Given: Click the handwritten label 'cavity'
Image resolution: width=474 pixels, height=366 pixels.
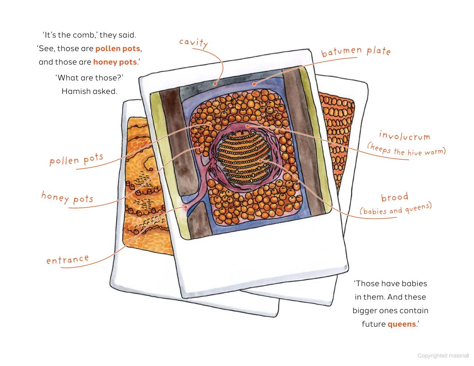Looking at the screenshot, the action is point(193,43).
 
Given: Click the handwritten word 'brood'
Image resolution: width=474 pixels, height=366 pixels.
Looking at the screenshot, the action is point(395,197).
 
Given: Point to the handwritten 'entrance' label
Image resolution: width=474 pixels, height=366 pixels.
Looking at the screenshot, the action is point(67,259).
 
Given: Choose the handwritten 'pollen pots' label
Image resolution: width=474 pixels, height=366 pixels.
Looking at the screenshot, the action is point(76,159).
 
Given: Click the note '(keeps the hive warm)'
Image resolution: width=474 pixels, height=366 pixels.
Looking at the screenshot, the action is point(406,150).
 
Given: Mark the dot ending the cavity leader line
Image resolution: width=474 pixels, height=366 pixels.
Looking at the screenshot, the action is point(215,83).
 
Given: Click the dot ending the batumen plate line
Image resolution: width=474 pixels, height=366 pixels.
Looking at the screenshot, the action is point(254,84).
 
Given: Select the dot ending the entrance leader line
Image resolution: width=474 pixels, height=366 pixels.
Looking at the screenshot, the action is point(186,207).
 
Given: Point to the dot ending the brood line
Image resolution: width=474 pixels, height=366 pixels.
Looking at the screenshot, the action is point(260,160).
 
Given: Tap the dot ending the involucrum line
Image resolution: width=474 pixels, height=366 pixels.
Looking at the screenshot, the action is point(247,126).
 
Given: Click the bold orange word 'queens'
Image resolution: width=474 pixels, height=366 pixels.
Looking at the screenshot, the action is point(401,325).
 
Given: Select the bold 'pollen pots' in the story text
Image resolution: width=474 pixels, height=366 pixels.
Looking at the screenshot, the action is point(118,49).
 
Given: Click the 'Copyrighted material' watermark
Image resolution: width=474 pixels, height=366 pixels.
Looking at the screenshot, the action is point(443,356).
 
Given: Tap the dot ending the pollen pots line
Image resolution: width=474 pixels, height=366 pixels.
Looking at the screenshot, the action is point(210,124).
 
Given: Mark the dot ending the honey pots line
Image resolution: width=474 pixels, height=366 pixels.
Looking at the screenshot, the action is point(202,148).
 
